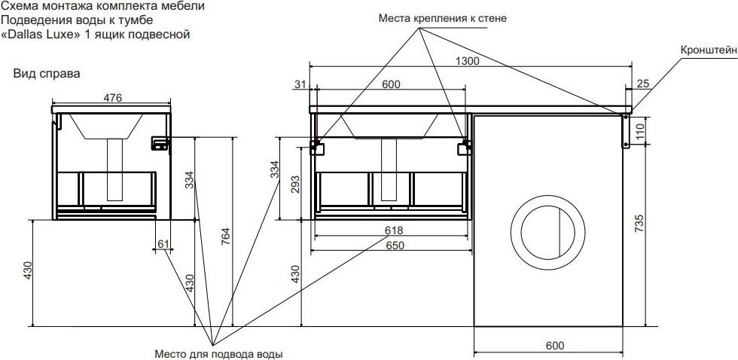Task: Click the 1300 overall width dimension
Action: pyautogui.click(x=467, y=61)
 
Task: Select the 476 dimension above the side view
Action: pyautogui.click(x=113, y=98)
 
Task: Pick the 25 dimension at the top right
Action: pyautogui.click(x=643, y=84)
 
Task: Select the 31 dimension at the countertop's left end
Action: pyautogui.click(x=300, y=84)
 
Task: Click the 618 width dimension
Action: pyautogui.click(x=394, y=230)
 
